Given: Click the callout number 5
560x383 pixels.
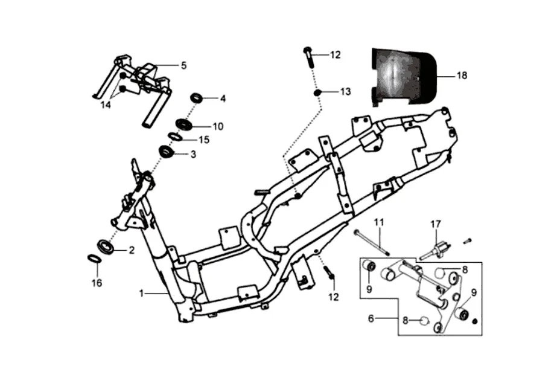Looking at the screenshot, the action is coord(183,65).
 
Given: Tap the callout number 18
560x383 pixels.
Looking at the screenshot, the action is coord(462,76).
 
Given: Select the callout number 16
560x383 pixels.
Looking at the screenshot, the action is coord(97,283).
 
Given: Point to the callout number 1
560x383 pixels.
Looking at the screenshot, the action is coord(141,293).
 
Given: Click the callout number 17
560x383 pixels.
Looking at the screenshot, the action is coord(436,224).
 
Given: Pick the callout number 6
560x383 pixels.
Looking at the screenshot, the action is coord(371,318).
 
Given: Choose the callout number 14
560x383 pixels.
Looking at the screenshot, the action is coord(106,105).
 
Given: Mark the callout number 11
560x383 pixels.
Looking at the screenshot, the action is coord(379,222).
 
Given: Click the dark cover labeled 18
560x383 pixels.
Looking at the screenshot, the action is coord(404,77).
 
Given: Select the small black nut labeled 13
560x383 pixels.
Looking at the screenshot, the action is coord(317,93).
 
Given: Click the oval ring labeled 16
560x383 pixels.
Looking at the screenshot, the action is coord(93,258).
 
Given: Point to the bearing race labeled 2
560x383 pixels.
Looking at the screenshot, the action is coord(106,248).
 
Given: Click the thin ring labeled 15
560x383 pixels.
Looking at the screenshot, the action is coord(174,137).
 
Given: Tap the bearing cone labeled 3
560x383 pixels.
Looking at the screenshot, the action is coord(167,151).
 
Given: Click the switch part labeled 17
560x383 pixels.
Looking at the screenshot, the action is coord(436,250).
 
